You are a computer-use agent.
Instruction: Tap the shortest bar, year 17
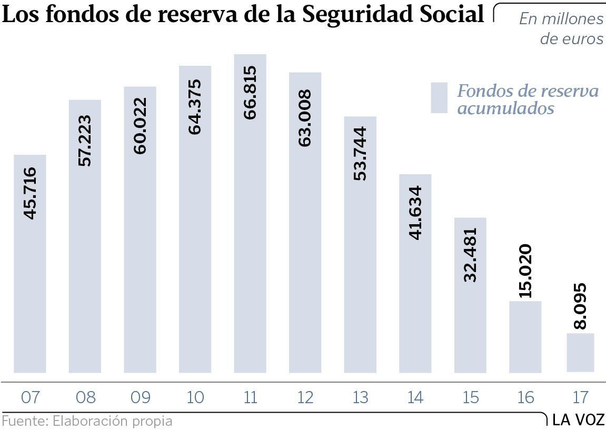click(580, 353)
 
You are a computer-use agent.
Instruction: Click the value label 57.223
click(85, 141)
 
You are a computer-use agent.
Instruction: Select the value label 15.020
click(525, 271)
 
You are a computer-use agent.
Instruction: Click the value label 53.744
click(360, 154)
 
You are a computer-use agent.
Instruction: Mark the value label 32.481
click(470, 255)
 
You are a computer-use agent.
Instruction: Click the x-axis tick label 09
click(140, 397)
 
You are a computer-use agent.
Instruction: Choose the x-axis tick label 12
click(305, 397)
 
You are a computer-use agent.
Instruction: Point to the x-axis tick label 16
click(525, 397)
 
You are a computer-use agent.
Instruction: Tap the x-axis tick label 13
click(360, 397)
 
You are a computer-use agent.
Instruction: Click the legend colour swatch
click(439, 98)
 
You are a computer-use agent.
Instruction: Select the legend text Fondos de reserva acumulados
click(528, 99)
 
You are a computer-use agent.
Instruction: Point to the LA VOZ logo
click(578, 419)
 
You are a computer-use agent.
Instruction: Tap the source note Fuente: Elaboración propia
click(87, 421)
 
